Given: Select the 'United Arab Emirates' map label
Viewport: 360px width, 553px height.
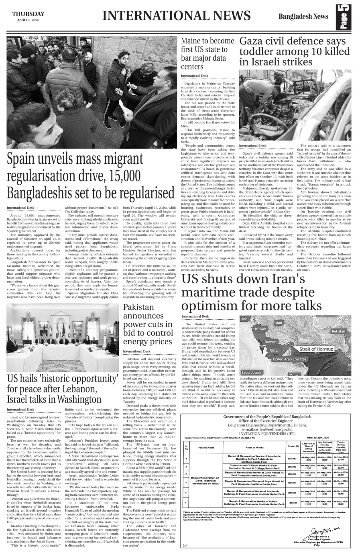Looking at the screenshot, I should (x=290, y=359).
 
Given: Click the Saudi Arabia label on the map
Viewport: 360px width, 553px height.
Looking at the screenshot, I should (x=252, y=372).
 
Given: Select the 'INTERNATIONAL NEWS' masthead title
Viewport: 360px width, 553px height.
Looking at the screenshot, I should (x=176, y=16).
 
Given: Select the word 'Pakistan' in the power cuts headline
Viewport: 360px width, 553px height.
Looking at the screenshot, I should (x=138, y=307).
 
